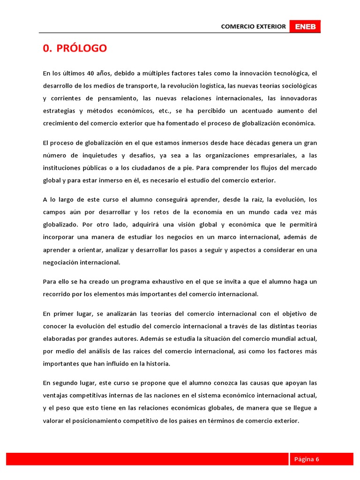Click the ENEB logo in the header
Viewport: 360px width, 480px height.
tap(305, 27)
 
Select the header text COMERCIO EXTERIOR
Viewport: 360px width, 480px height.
tap(253, 27)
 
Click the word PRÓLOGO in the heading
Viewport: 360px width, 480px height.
tap(82, 48)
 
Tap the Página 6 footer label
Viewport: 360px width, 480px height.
tap(307, 459)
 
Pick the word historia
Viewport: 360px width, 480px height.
tap(157, 363)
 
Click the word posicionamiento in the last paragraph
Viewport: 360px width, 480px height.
tap(99, 420)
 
